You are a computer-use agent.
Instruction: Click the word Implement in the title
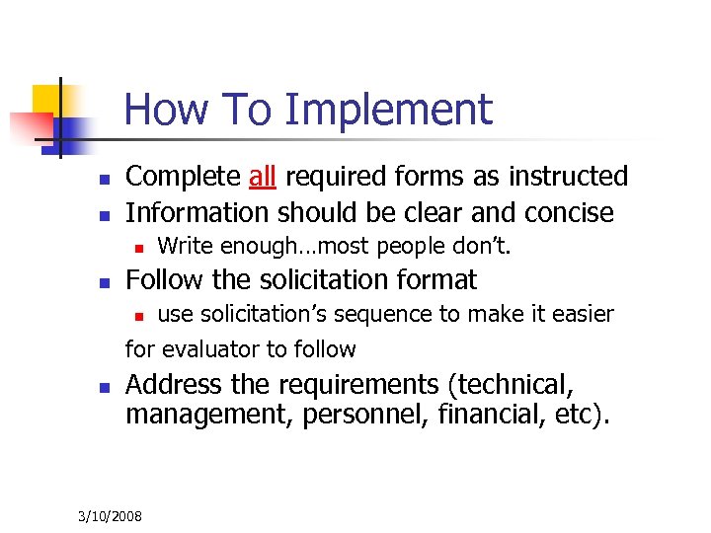coord(388,111)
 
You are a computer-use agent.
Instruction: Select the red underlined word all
coord(263,177)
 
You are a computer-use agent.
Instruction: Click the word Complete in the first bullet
coord(183,177)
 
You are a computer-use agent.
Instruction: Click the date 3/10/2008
coord(110,515)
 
